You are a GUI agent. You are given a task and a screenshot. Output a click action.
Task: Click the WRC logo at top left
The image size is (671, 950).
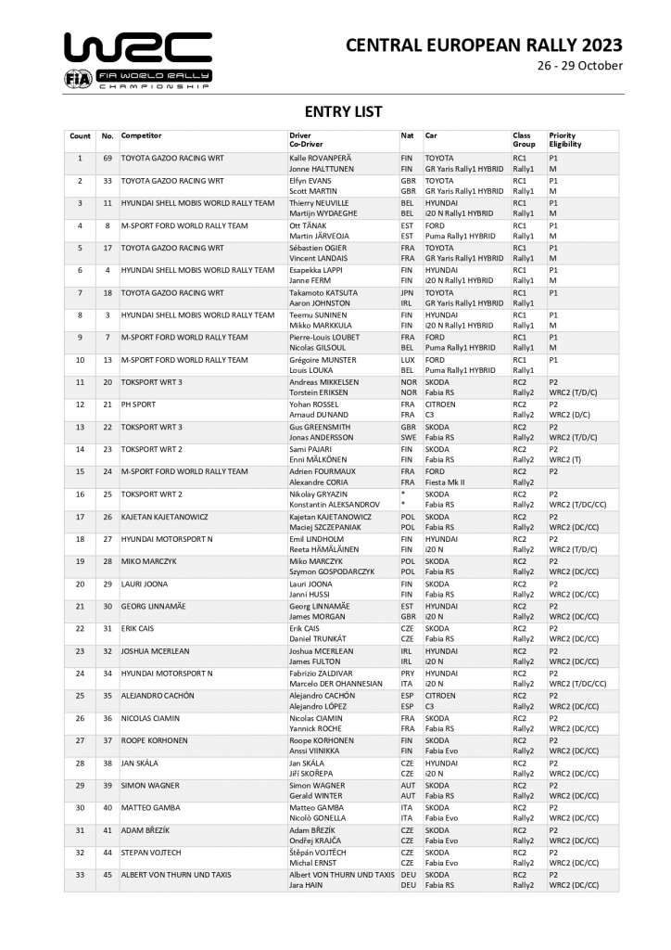[137, 47]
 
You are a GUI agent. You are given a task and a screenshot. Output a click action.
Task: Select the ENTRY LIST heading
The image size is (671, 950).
[335, 112]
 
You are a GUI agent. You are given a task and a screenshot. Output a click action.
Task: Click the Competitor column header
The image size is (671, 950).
[141, 136]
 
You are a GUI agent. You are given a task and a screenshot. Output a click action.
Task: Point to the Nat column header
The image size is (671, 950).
[406, 136]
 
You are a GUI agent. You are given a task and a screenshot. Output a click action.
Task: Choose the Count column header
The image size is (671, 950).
[80, 136]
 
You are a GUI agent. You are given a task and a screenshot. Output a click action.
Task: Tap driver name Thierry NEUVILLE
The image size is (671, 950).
[321, 202]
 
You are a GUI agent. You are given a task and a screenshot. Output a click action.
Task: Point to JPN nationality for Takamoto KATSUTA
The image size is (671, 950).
[406, 292]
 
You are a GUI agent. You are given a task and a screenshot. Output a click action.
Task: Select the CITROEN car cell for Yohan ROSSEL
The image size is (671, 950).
[440, 404]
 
